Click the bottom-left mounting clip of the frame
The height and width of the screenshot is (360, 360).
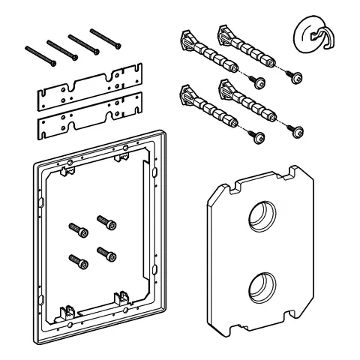click(x=70, y=309)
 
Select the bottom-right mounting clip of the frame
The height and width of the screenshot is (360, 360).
click(x=121, y=296)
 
